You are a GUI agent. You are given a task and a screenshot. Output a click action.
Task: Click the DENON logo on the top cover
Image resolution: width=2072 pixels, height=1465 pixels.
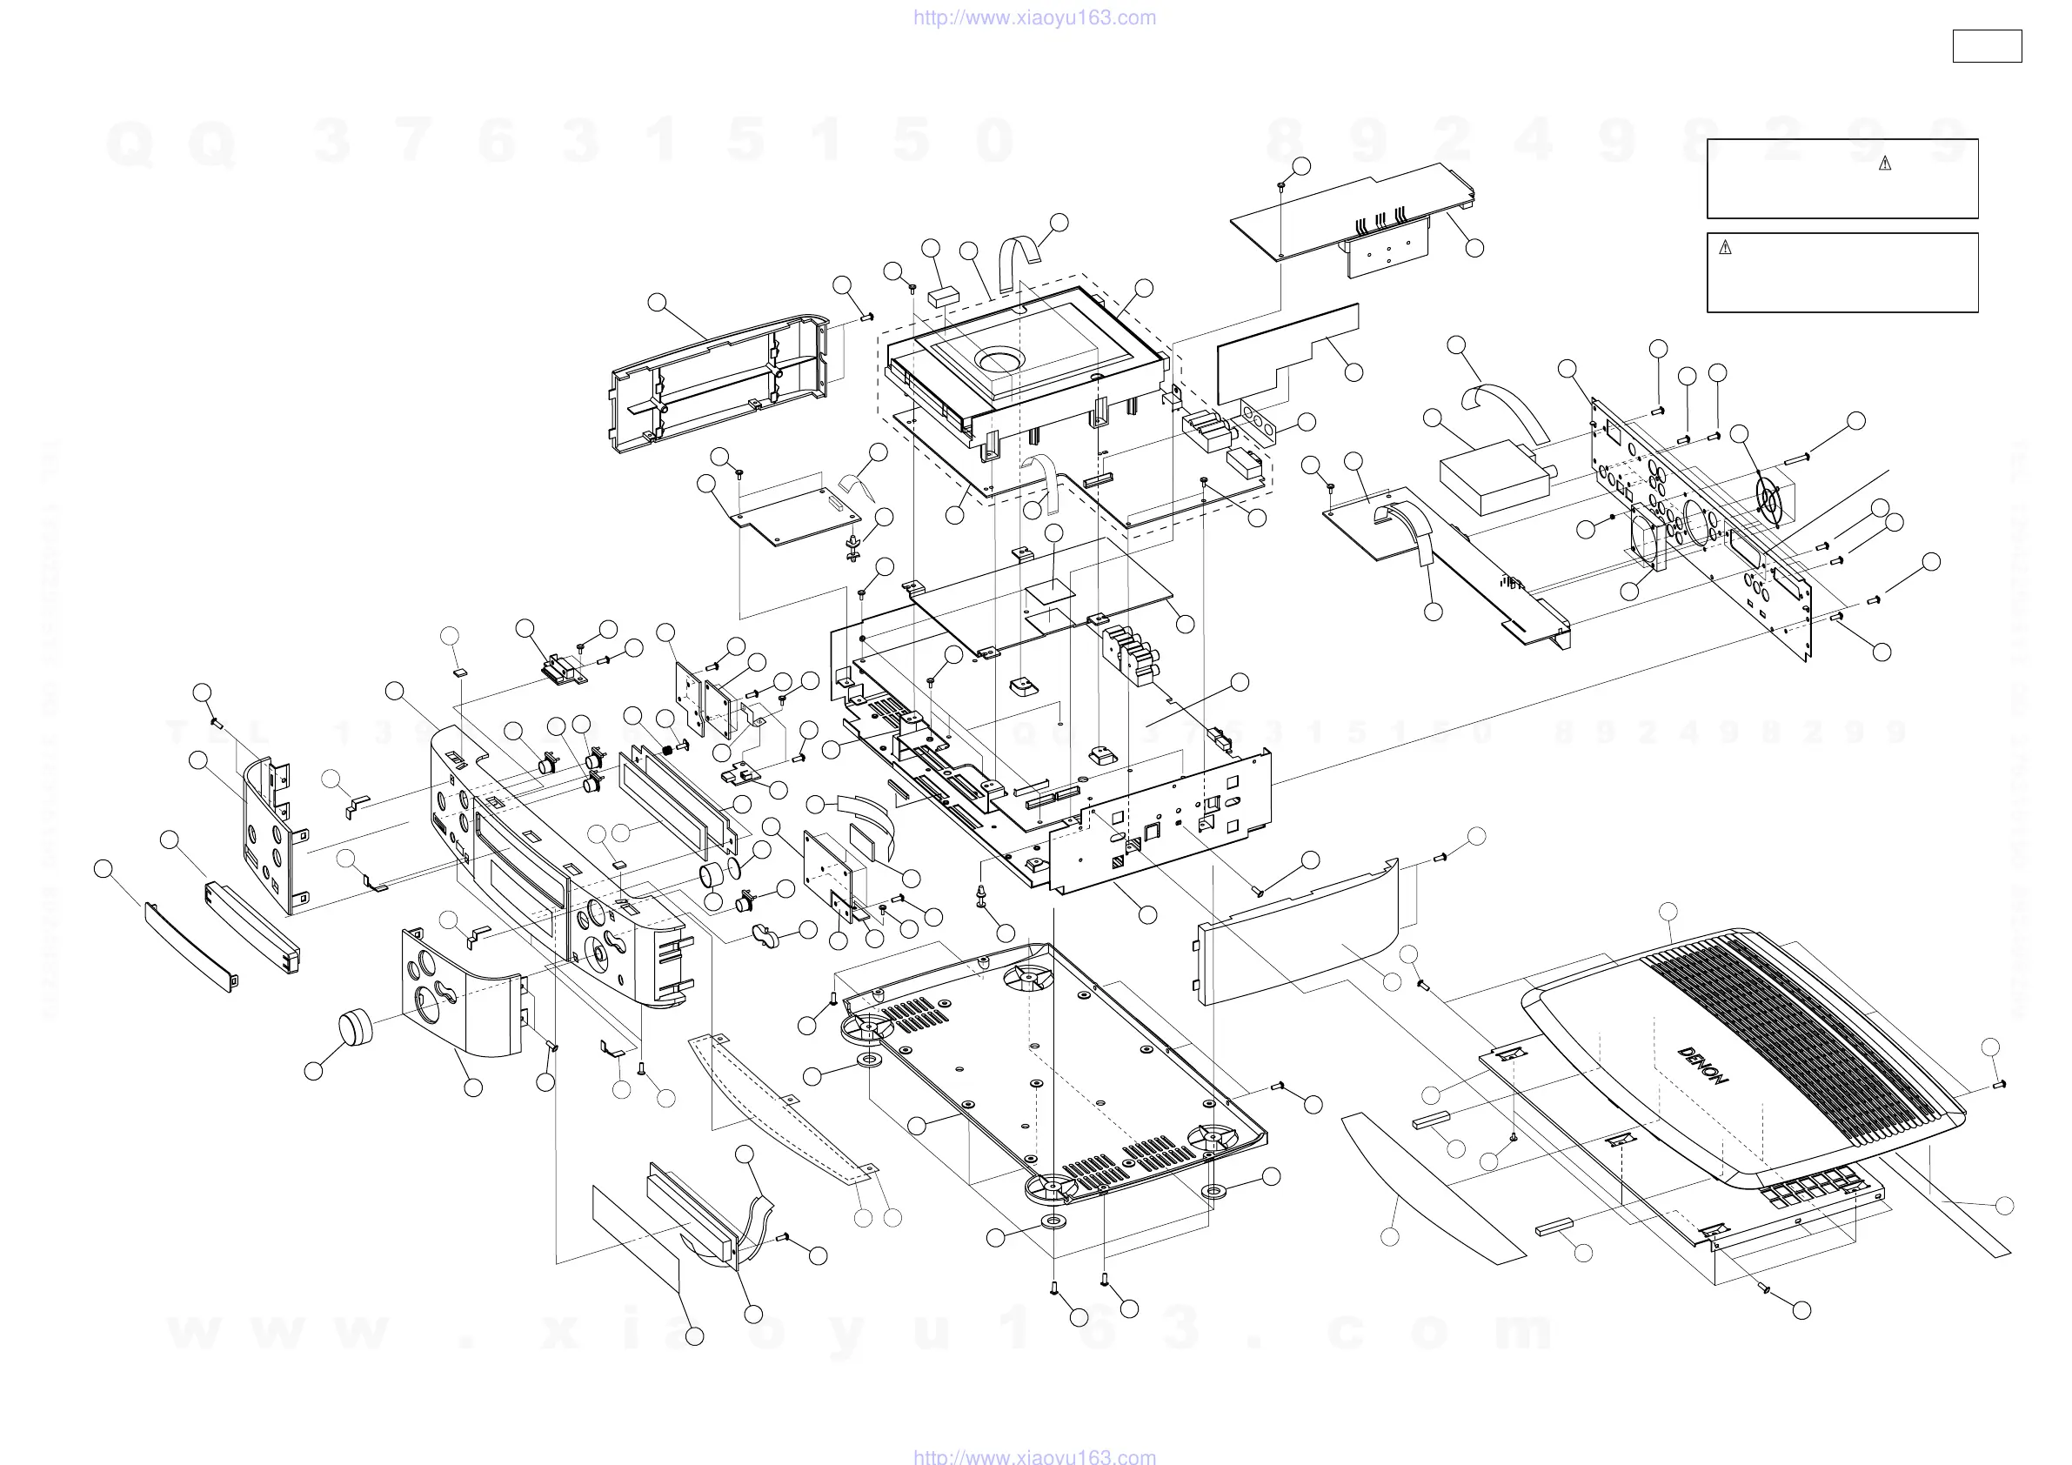point(1703,1065)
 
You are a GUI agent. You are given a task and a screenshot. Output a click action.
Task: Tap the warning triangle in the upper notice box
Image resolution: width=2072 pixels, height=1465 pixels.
point(1884,164)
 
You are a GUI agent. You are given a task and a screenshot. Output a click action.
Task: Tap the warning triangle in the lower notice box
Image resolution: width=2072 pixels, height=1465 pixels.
point(1726,247)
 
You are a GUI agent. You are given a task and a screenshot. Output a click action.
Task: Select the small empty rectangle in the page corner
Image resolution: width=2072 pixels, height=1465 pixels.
point(1986,46)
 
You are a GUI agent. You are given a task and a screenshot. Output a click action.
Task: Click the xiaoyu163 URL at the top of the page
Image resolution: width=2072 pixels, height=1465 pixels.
point(1034,18)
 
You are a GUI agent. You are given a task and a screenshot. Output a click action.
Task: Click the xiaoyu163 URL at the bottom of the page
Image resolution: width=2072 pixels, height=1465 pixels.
point(1034,1455)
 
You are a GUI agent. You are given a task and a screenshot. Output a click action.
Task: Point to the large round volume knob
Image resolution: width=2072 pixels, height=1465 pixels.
point(356,1027)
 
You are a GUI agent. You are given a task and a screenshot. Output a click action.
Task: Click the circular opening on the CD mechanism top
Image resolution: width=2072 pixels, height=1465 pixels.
point(997,362)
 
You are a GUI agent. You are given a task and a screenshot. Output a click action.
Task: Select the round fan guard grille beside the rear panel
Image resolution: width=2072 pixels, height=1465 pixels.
point(1768,498)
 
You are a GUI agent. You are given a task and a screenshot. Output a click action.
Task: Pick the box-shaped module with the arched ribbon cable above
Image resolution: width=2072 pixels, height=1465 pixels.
point(1494,476)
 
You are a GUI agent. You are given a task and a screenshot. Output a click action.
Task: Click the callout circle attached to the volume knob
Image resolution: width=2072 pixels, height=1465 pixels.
point(313,1072)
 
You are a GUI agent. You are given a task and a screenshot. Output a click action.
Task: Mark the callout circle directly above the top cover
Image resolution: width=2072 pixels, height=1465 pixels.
point(1668,913)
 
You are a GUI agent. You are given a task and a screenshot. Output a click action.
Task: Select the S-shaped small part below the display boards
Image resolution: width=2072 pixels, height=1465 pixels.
point(769,936)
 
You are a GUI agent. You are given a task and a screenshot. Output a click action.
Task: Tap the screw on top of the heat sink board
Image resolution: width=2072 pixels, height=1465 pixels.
point(1282,185)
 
